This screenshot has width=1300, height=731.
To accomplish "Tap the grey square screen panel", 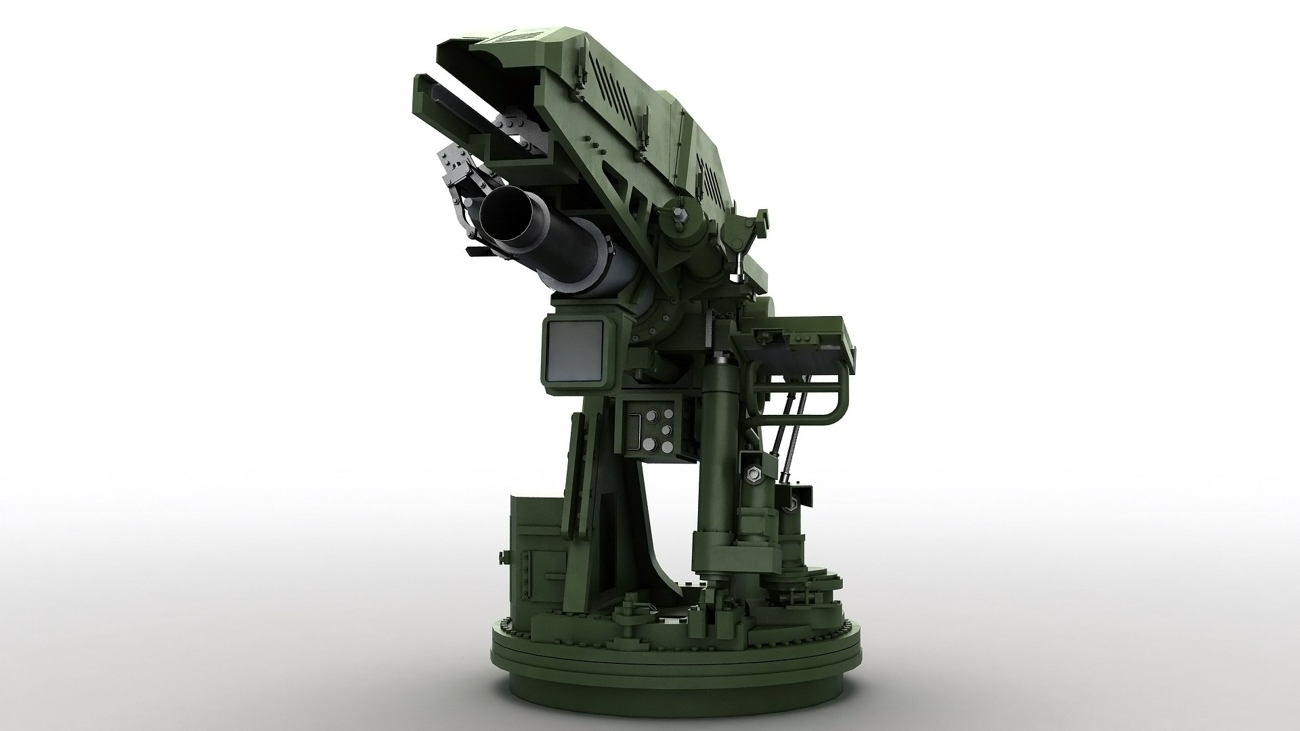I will point(574,351).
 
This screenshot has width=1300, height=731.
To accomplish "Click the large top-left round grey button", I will point(653,418).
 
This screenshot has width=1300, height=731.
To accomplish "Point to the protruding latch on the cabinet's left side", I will point(503,539).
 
